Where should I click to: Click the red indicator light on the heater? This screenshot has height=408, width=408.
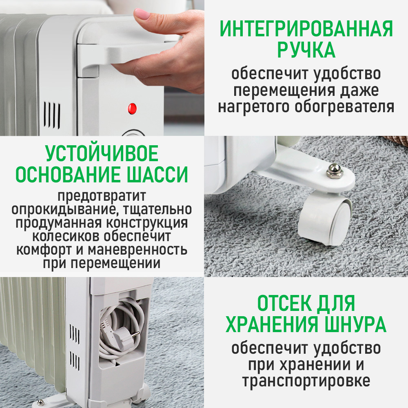(132, 109)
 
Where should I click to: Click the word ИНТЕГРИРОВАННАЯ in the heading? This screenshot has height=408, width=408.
(306, 29)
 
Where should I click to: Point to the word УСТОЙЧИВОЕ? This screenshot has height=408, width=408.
(102, 153)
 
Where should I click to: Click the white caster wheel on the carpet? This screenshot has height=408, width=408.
(324, 221)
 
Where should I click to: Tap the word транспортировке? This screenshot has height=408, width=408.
(306, 381)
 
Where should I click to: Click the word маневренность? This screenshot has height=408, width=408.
(137, 250)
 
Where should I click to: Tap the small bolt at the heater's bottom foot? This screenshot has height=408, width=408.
(40, 403)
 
